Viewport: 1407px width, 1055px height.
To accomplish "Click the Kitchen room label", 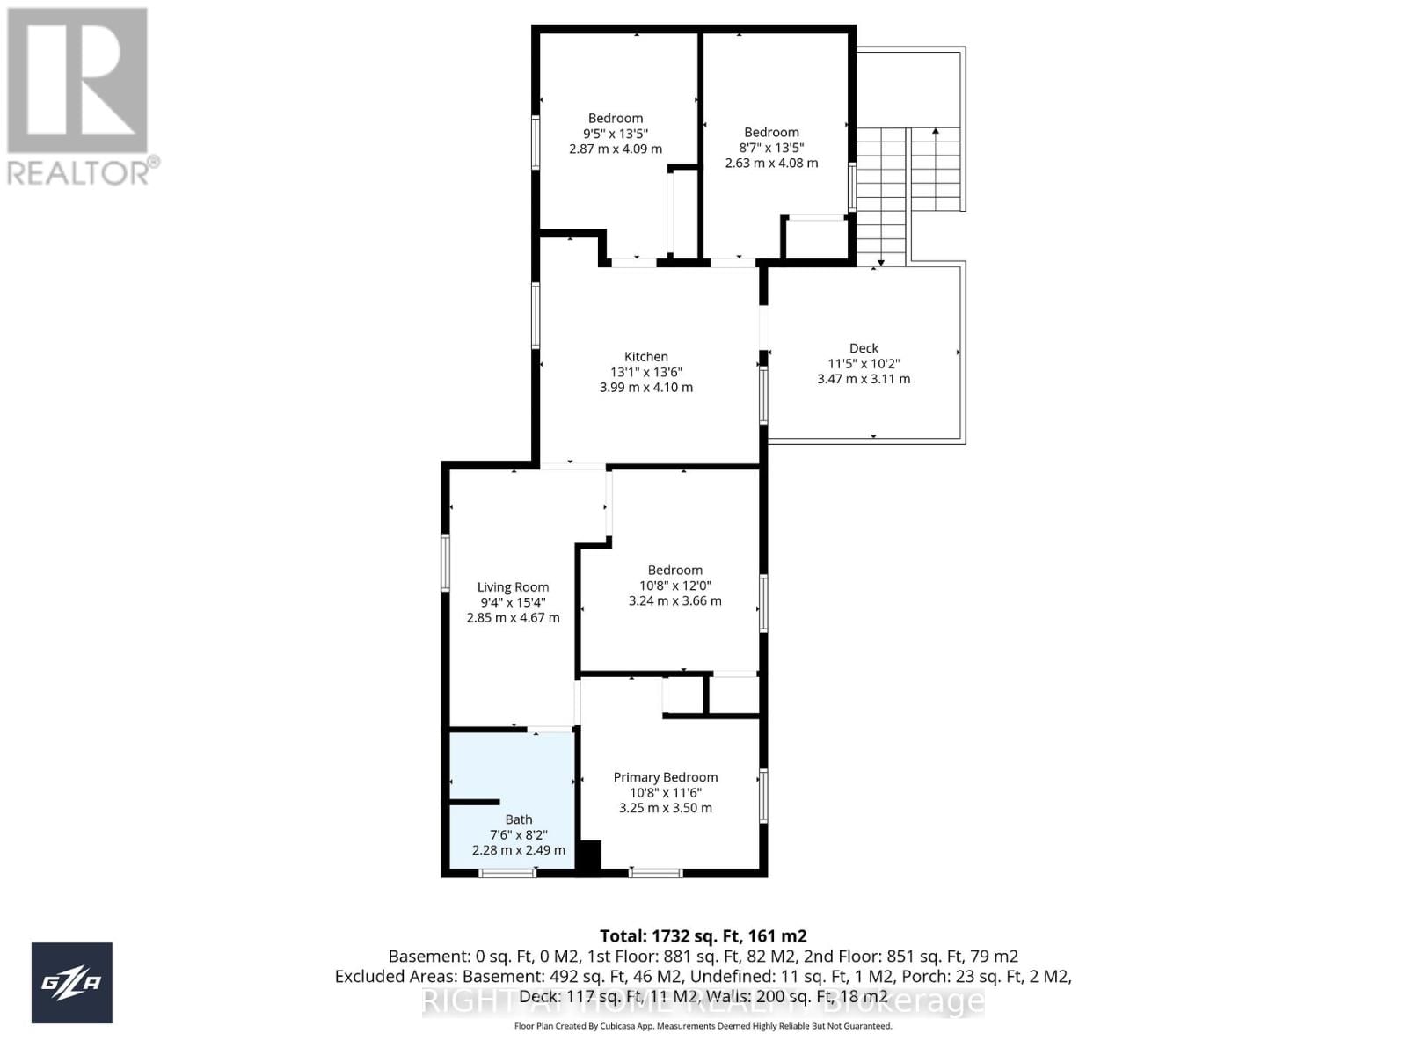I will [x=646, y=356].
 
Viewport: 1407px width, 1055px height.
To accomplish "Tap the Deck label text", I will [x=864, y=348].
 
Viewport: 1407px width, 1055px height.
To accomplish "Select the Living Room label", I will [x=513, y=586].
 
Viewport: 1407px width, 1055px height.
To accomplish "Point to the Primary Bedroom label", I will [x=666, y=777].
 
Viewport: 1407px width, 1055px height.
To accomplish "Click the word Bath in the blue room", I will [x=518, y=819].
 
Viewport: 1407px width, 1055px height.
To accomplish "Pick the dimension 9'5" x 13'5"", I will [x=616, y=134].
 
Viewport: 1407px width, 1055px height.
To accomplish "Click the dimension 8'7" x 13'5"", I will [x=771, y=148].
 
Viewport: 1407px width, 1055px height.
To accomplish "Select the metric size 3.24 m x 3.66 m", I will [x=674, y=601].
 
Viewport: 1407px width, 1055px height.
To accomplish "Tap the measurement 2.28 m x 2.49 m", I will [x=518, y=850].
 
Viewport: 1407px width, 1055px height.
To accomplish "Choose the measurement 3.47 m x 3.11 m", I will [x=864, y=379].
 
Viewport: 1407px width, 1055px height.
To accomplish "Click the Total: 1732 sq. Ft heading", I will [x=703, y=936].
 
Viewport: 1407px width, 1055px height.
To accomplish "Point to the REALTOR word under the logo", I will [x=80, y=171].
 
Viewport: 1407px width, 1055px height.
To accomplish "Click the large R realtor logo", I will [x=77, y=81].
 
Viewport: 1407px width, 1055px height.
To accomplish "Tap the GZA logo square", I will [x=72, y=983].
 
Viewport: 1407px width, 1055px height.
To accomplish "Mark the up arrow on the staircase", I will [x=936, y=132].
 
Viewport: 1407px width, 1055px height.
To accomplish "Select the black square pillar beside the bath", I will [x=587, y=856].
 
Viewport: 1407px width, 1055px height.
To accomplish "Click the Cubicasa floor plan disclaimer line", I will [x=703, y=1026].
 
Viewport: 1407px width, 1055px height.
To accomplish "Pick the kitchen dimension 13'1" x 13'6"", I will [x=646, y=372].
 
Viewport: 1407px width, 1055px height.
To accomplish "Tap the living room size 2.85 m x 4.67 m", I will [x=513, y=617].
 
